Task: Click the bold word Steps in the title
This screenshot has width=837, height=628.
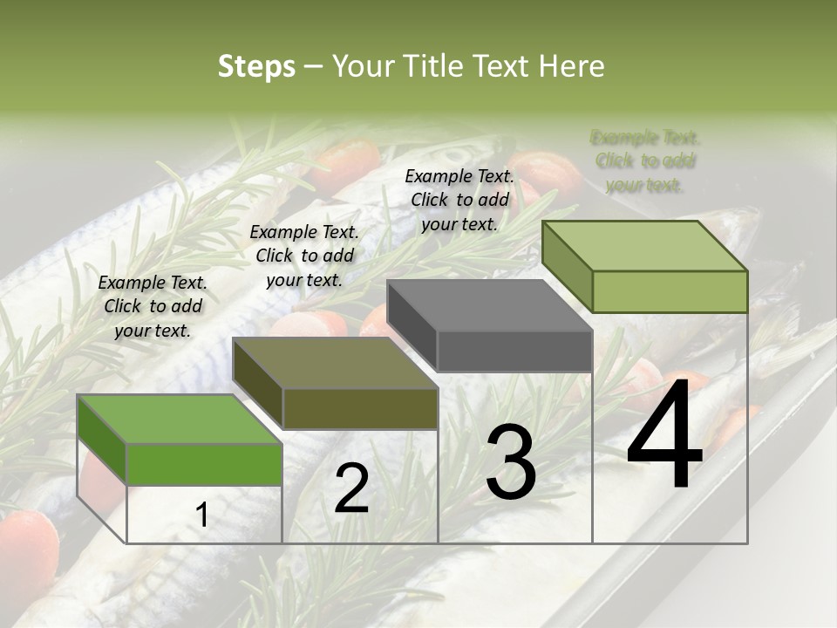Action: coord(256,66)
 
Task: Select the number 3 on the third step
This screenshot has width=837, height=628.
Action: coord(510,462)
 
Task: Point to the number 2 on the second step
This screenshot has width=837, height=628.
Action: coord(351,488)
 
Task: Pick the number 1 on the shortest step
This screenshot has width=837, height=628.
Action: coord(201,515)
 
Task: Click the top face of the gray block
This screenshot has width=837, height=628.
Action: coord(488,305)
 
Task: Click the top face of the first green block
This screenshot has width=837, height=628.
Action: coord(179,419)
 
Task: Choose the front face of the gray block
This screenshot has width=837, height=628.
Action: coord(514,352)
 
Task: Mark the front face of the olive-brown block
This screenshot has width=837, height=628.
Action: coord(360,408)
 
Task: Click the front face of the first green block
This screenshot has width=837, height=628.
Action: coord(205,464)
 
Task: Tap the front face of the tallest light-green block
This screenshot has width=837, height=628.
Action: coord(670,291)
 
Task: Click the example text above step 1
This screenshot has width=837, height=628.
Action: coord(153,306)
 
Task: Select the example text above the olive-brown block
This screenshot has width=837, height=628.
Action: coord(304,256)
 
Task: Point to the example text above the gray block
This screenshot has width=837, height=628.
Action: coord(459,200)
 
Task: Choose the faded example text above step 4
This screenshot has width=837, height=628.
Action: coord(645,160)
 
